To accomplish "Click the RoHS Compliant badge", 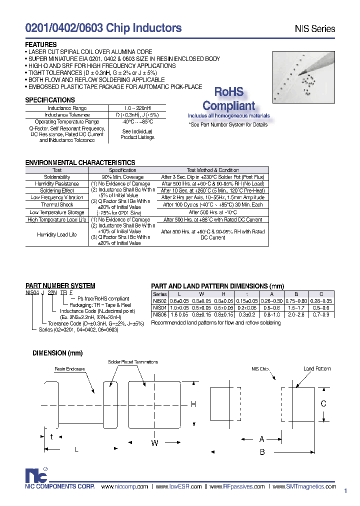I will (229, 99).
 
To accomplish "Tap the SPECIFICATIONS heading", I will (50, 100).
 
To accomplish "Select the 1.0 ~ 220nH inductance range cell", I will (137, 108).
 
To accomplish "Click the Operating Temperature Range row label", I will (67, 121).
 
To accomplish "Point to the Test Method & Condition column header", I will (212, 170).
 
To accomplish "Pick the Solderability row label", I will (57, 177).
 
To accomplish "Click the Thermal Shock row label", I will (57, 204).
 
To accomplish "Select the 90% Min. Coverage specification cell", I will (123, 177).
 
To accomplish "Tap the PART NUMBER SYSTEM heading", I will (60, 286).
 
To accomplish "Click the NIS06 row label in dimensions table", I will (160, 315).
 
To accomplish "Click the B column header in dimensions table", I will (296, 294).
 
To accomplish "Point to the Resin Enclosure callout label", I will (70, 369).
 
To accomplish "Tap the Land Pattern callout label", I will (317, 369).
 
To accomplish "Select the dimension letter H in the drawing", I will (193, 404).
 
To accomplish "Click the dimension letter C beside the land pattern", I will (323, 403).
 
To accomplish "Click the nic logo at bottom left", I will (35, 475).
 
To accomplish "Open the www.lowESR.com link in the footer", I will (178, 486).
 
